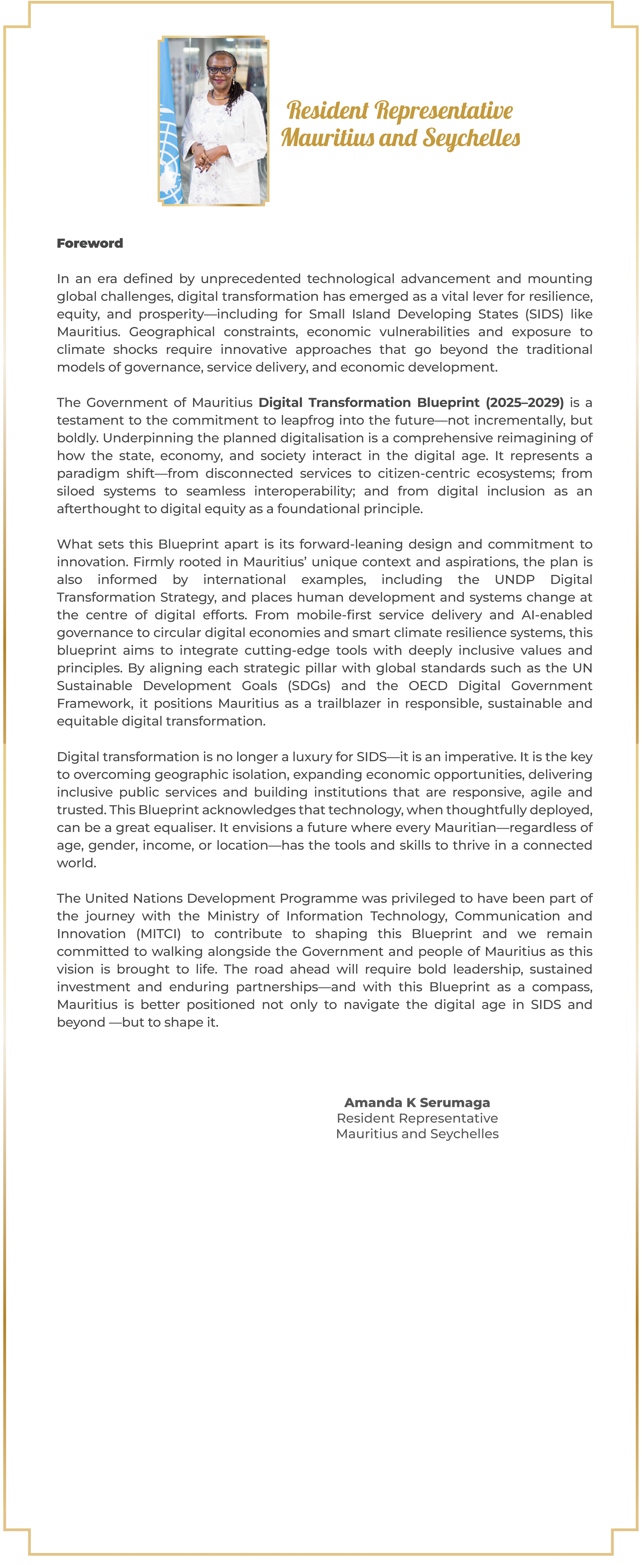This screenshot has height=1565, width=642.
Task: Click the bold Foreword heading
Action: click(x=90, y=243)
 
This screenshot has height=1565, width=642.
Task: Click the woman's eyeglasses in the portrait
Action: click(x=219, y=70)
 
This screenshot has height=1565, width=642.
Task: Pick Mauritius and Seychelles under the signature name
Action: click(x=417, y=1134)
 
